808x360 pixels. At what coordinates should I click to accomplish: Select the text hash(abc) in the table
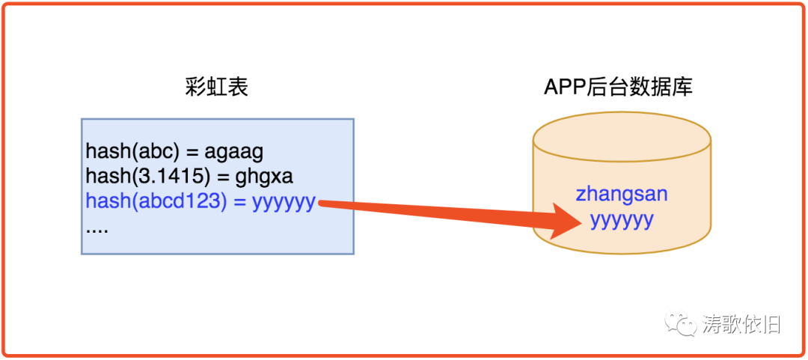tap(130, 152)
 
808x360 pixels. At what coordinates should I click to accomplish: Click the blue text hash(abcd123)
tap(156, 201)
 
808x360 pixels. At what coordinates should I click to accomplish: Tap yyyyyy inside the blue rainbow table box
tap(284, 201)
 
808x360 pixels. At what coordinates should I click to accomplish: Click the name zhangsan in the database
tap(621, 194)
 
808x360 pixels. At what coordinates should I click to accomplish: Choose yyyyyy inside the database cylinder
tap(621, 219)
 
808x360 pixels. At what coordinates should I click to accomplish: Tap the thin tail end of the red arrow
tap(320, 202)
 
